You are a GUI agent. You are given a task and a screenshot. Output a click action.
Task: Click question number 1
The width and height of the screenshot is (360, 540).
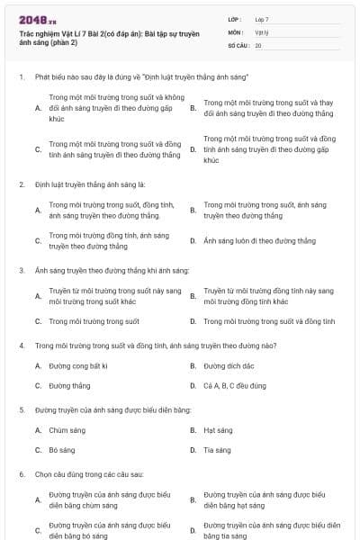[x=21, y=78]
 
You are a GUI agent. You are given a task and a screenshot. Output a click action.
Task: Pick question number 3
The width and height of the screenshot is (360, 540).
[x=21, y=270]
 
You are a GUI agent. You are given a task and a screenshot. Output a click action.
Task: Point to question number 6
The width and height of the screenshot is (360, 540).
[x=21, y=473]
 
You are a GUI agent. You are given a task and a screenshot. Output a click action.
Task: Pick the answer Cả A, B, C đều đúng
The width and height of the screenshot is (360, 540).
[x=235, y=385]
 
